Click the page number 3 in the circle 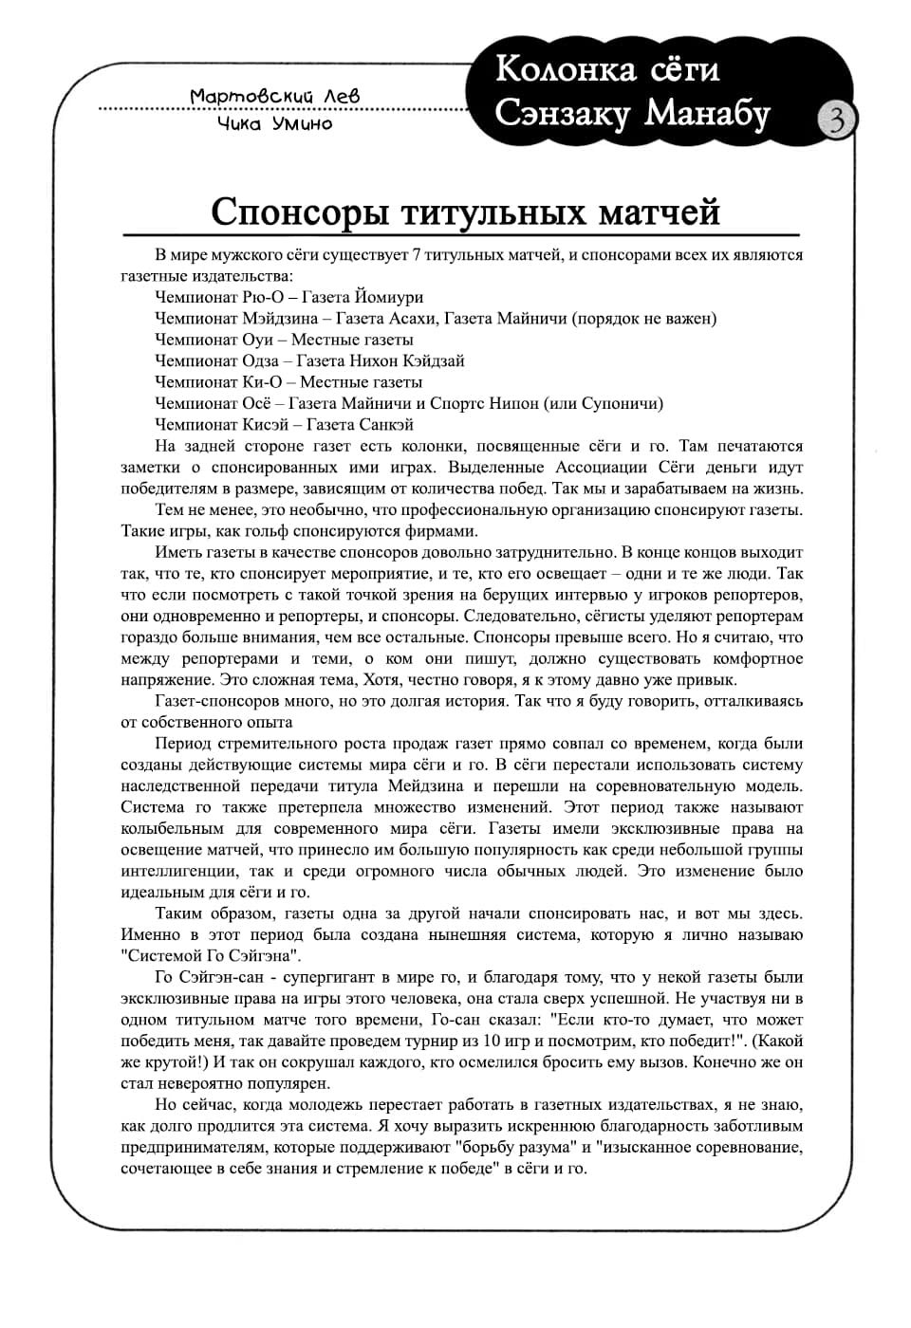[836, 120]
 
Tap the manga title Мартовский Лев [274, 97]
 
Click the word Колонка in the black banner [566, 69]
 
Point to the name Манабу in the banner [707, 113]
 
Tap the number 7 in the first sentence [417, 255]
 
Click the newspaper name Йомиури [389, 297]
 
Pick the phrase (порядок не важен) [644, 319]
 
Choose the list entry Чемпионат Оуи [214, 340]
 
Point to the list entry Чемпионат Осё [214, 403]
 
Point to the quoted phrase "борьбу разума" [517, 1148]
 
